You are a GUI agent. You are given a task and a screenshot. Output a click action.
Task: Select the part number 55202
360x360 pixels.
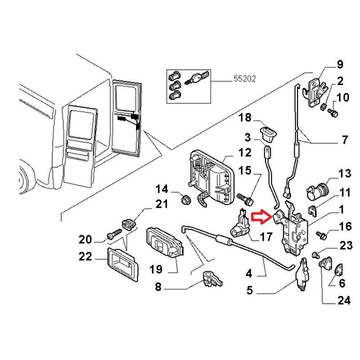coord(244,78)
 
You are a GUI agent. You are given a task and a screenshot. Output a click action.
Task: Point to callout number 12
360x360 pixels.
coord(245,153)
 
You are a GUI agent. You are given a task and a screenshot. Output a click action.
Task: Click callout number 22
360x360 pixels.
coord(85,257)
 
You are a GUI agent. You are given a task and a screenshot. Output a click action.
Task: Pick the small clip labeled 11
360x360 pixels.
coord(313,208)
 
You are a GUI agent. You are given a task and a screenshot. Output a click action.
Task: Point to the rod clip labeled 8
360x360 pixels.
coord(211,279)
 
